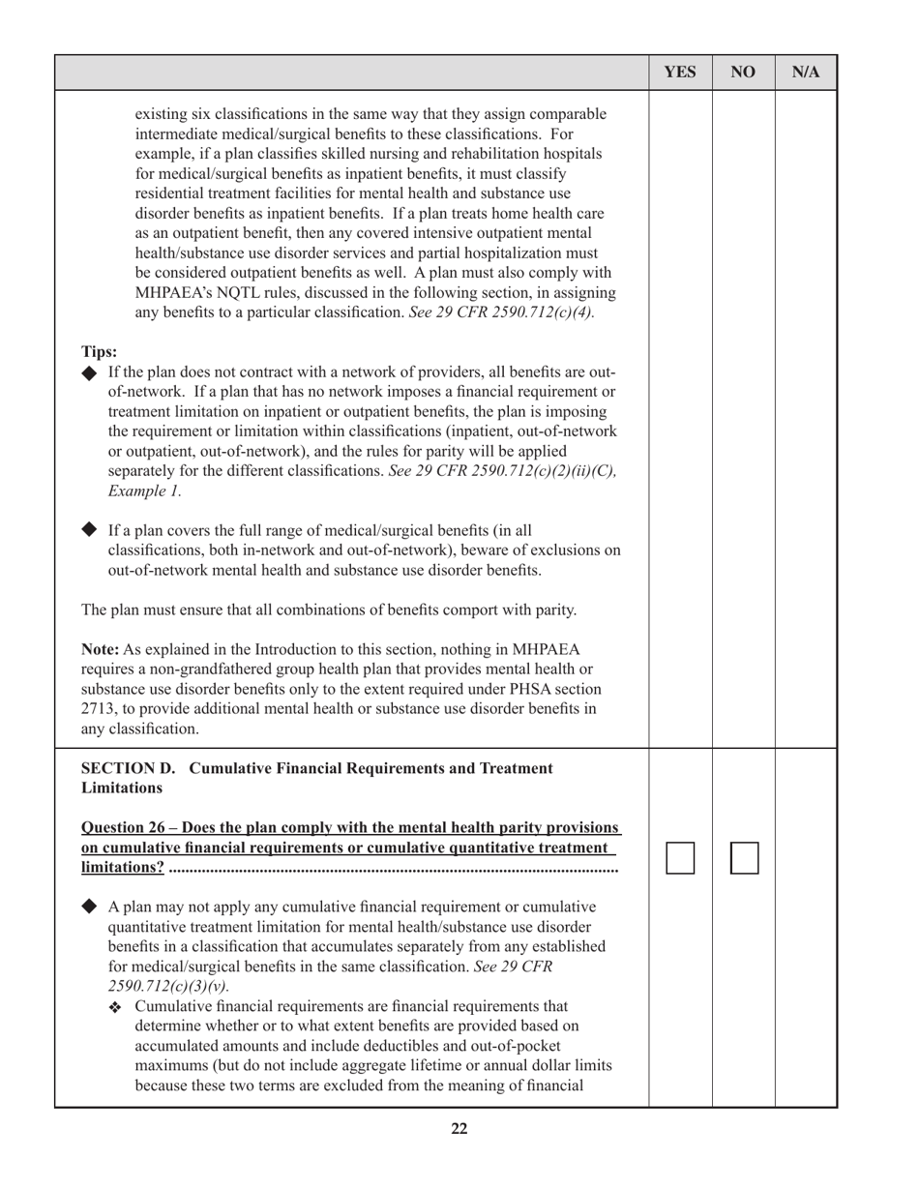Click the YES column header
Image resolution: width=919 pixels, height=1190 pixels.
tap(680, 73)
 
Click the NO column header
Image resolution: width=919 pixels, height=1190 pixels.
tap(743, 73)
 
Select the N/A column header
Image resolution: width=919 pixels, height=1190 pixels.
tap(806, 73)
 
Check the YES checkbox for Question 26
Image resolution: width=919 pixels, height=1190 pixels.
tap(681, 858)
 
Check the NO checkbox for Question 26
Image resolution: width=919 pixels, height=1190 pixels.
tap(744, 858)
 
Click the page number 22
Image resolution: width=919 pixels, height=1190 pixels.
tap(459, 1128)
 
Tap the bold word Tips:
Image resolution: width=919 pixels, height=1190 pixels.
tap(100, 352)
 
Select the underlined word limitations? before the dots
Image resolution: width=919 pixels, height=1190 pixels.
tap(123, 868)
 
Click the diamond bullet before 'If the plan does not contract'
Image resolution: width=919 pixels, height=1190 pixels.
tap(91, 372)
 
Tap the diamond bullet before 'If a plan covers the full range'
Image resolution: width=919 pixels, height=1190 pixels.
tap(91, 530)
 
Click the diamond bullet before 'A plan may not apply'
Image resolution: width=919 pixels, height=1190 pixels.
tap(91, 907)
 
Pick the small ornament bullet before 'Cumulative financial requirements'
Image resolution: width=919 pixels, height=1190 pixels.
tap(116, 1007)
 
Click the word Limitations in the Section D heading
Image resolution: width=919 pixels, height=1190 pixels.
tap(122, 788)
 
